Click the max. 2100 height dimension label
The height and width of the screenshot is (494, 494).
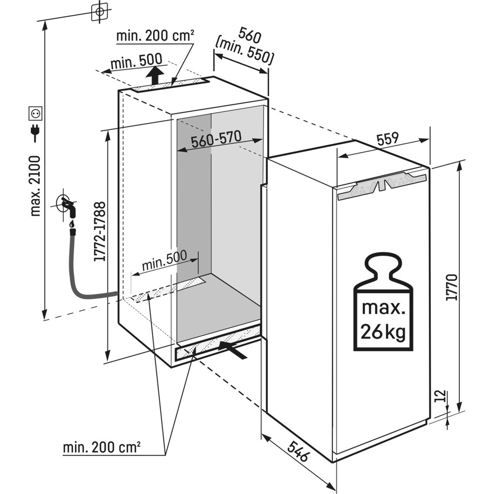35,185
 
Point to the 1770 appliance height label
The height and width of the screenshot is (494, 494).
453,287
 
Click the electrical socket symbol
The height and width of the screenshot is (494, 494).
36,114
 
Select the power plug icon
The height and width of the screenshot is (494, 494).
35,132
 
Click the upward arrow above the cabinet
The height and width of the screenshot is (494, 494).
156,75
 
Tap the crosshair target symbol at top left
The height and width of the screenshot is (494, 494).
100,11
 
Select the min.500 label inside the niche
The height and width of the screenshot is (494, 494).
165,260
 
